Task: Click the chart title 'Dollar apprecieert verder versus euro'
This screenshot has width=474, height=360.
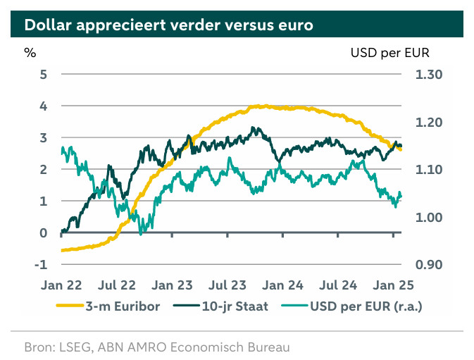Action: click(x=168, y=26)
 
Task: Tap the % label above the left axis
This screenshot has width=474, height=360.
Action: click(x=29, y=52)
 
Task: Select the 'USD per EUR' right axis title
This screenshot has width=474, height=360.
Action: click(x=389, y=52)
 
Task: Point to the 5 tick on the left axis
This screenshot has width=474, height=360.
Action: click(x=43, y=74)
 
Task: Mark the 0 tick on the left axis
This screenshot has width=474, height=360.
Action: click(x=43, y=233)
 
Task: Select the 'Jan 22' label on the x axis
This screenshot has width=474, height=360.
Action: click(x=62, y=285)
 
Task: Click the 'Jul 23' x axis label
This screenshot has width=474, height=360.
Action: click(x=227, y=285)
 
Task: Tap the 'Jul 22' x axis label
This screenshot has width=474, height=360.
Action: click(x=117, y=285)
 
